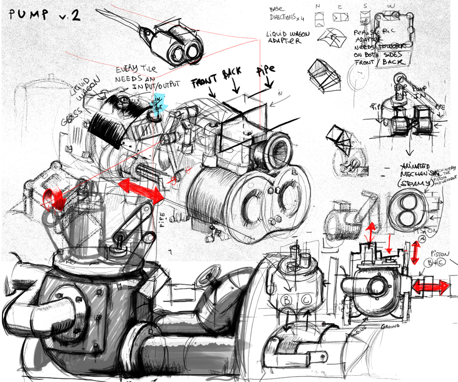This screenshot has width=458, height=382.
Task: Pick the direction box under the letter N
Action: tap(319, 18)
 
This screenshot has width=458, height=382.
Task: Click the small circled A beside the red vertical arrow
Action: tap(422, 237)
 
